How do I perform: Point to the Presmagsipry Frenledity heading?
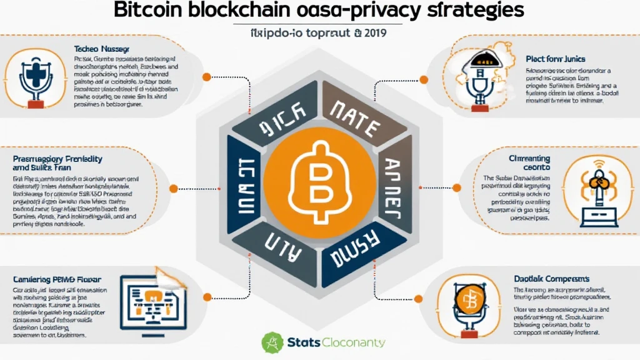(57, 164)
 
